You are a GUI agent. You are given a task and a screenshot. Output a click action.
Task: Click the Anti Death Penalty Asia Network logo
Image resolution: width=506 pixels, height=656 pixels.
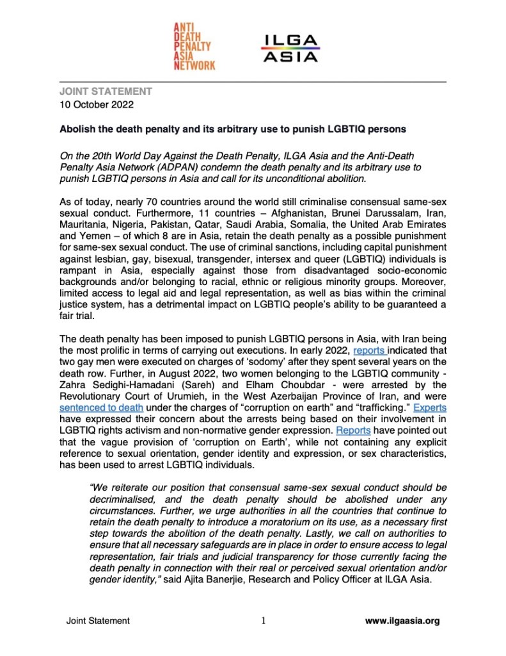click(x=194, y=45)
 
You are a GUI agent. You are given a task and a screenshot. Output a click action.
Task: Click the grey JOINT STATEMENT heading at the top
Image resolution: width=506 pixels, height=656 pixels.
click(x=106, y=92)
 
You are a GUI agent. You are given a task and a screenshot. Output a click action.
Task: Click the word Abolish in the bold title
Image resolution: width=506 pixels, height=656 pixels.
click(x=78, y=129)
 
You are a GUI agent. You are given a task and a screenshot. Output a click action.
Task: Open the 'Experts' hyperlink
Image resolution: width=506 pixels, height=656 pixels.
click(x=429, y=407)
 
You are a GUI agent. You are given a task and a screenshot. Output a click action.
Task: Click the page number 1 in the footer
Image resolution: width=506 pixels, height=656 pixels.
click(x=263, y=621)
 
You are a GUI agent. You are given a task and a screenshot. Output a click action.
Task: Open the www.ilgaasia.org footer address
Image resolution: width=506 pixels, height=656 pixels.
click(x=402, y=621)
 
